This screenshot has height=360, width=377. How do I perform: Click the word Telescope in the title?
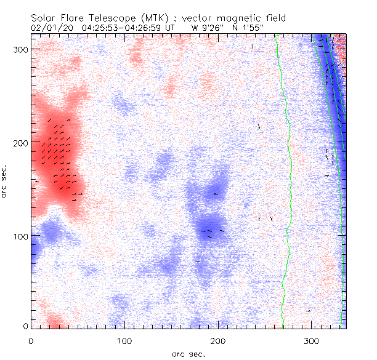coord(118,18)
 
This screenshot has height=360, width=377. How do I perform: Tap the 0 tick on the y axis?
coord(25,326)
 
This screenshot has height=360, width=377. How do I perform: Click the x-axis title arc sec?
coord(188,354)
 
